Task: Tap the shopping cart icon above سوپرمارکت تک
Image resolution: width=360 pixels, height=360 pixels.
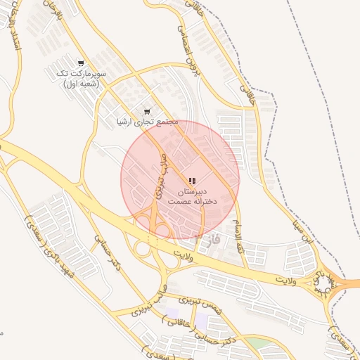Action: [x=82, y=63]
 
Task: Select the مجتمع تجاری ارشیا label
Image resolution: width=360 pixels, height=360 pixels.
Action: [x=147, y=122]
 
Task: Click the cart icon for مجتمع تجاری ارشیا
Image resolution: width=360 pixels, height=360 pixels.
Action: [x=147, y=111]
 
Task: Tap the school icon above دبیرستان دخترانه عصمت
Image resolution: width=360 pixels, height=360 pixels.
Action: [x=193, y=181]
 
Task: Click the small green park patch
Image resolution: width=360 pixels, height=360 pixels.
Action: [x=257, y=343]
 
